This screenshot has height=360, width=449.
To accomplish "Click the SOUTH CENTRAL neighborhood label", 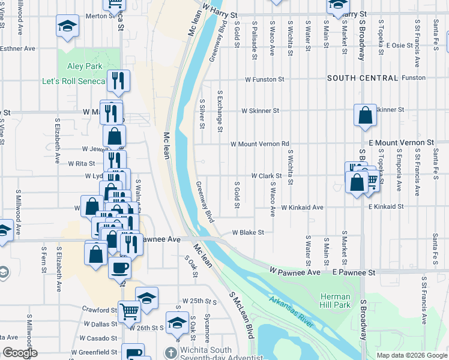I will tap(363, 78).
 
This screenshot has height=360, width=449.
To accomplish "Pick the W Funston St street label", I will tap(264, 79).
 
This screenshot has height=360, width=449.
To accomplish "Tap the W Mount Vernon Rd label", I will tap(261, 144).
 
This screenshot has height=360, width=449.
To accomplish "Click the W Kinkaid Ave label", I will tap(303, 207).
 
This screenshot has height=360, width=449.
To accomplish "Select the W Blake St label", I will tap(248, 232).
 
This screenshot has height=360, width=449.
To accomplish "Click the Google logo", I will tap(20, 353).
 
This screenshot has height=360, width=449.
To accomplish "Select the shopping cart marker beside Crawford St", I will tap(130, 311).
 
